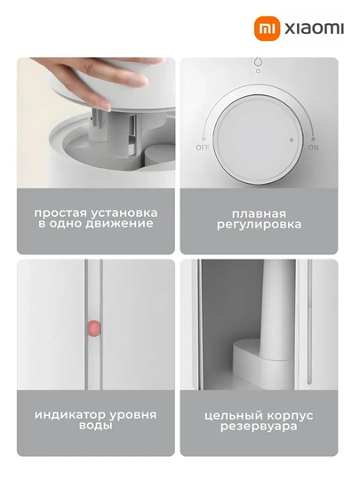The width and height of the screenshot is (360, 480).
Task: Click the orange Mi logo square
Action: tap(268, 28)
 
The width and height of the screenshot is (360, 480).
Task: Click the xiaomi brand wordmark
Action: tap(315, 28)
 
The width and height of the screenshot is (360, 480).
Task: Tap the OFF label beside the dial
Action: tap(203, 148)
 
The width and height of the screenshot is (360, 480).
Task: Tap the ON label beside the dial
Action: tap(313, 148)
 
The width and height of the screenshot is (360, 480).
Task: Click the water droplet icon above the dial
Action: tap(258, 62)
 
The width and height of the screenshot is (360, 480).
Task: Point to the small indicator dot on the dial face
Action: tap(292, 140)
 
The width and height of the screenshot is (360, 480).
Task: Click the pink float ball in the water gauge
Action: tap(94, 329)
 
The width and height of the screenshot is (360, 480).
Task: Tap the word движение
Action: tap(119, 224)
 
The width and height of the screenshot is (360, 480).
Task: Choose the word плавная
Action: tap(259, 213)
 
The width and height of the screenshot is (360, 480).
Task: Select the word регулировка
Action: tap(259, 225)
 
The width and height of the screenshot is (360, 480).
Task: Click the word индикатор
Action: tap(70, 415)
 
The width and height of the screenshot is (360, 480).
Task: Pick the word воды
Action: tap(95, 426)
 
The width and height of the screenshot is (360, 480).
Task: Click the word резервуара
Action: tap(259, 427)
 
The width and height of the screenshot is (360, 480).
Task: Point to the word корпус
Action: tap(290, 416)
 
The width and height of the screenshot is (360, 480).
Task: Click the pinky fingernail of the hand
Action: tap(104, 106)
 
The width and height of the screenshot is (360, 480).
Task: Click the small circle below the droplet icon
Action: tap(258, 71)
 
